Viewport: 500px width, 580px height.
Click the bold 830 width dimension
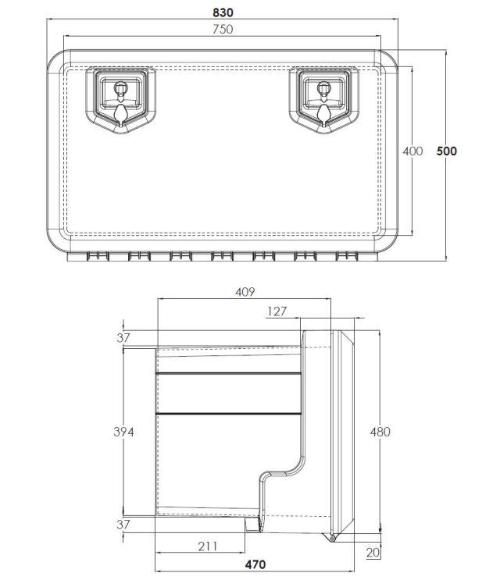coord(223,12)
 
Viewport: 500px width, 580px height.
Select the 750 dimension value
coord(223,29)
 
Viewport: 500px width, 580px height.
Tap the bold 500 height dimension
coord(446,151)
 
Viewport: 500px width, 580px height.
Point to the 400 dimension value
coord(412,151)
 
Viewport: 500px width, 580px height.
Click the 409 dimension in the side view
coord(245,292)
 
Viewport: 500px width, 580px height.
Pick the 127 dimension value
coord(277,311)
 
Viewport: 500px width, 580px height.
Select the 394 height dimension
coord(123,432)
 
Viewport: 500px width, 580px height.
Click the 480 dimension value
coord(380,432)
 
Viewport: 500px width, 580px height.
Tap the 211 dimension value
coord(207,546)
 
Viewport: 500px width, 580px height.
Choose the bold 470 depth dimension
coord(255,564)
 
